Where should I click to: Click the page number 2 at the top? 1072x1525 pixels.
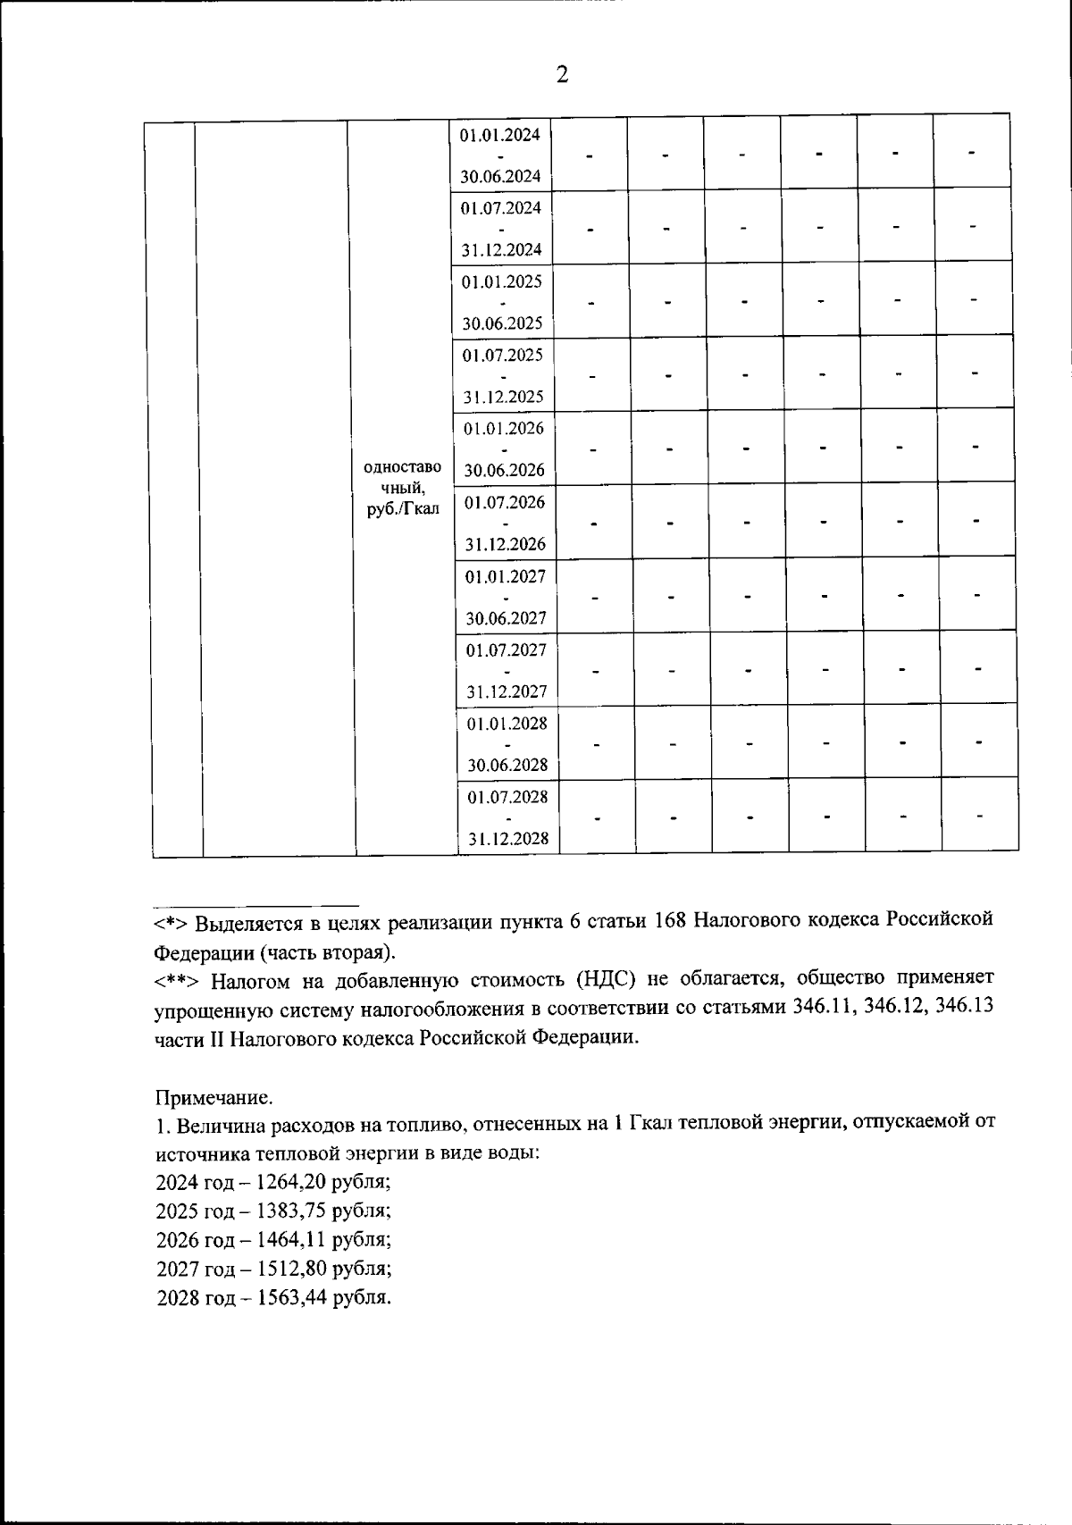(x=562, y=75)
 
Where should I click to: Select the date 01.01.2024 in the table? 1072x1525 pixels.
(x=500, y=135)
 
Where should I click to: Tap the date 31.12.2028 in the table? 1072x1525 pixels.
(x=508, y=839)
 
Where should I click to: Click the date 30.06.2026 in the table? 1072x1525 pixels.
(x=504, y=470)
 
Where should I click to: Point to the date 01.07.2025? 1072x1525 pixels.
(x=502, y=355)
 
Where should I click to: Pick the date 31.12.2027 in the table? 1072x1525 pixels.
(x=507, y=691)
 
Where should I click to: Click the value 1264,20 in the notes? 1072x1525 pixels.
(x=290, y=1181)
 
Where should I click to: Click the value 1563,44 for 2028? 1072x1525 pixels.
(x=290, y=1297)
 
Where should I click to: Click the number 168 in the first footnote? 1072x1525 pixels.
(x=670, y=921)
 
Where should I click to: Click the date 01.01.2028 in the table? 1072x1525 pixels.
(x=507, y=723)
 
